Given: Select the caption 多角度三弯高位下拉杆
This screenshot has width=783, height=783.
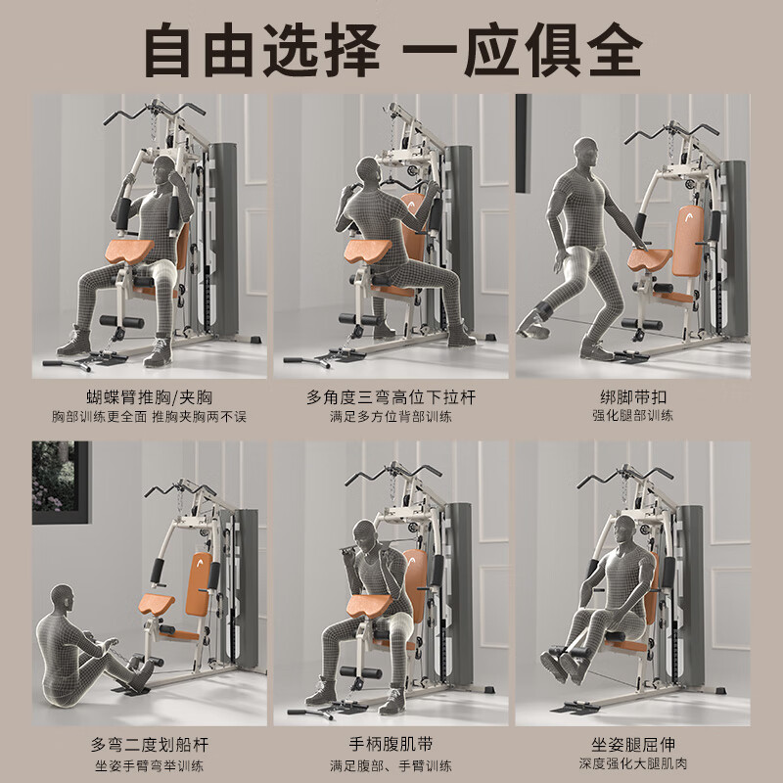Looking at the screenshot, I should point(391,396).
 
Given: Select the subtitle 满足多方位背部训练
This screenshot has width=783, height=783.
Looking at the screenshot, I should point(391,416).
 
